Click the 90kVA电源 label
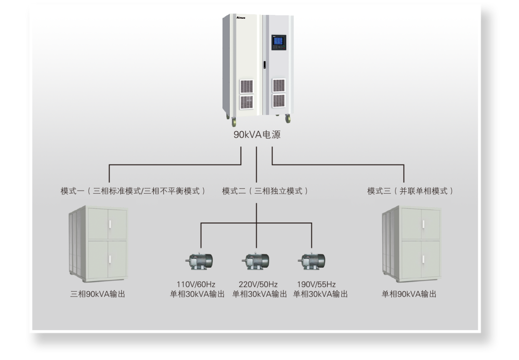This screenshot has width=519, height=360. click(x=257, y=135)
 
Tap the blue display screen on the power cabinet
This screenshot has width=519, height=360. click(x=278, y=41)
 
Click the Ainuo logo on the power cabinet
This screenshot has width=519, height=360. click(x=241, y=17)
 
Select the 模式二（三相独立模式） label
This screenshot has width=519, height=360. click(x=265, y=191)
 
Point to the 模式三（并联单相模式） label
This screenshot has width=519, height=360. click(x=410, y=191)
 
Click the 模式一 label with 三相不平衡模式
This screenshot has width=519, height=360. click(x=133, y=191)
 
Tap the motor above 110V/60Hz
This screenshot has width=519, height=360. click(x=199, y=261)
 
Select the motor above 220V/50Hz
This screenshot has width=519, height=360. click(x=255, y=261)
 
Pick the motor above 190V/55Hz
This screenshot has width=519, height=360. click(x=311, y=261)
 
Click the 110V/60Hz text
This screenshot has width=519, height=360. click(x=196, y=285)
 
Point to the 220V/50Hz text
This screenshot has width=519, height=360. click(x=258, y=285)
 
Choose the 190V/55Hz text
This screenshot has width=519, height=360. click(x=316, y=285)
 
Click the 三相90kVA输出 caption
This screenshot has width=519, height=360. click(x=98, y=294)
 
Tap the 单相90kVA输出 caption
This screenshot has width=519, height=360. click(x=409, y=294)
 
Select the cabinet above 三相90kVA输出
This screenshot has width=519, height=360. click(x=99, y=244)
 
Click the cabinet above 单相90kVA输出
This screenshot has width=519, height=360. click(x=412, y=244)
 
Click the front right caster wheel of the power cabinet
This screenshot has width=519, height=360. click(x=288, y=119)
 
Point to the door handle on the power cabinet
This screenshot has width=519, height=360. click(x=264, y=64)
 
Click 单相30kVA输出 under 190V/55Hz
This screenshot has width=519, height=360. click(x=321, y=294)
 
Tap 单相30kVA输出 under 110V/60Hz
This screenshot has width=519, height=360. click(x=198, y=294)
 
